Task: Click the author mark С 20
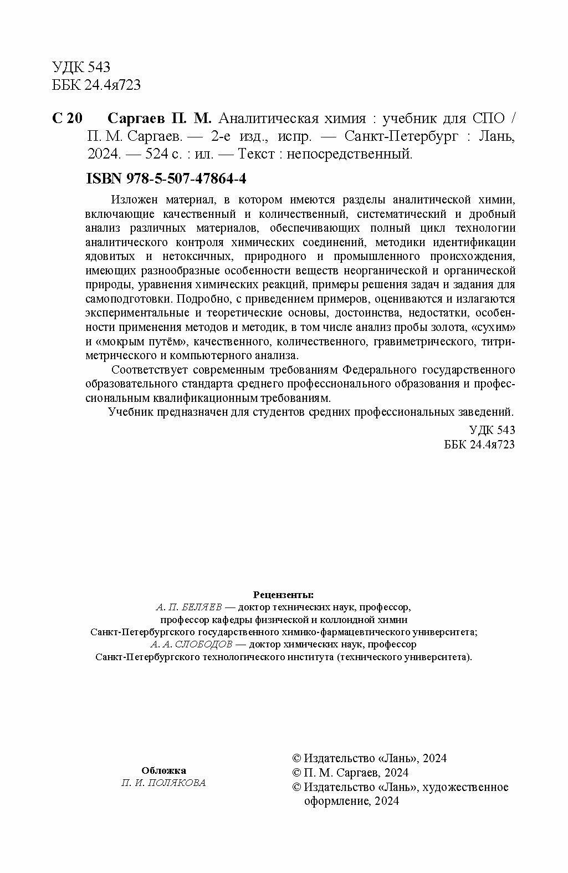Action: (67, 119)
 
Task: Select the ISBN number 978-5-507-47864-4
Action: (190, 180)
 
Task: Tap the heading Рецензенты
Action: (283, 595)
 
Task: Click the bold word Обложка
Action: (164, 770)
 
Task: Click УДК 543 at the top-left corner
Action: (81, 67)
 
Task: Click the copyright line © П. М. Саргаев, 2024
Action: (350, 773)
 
